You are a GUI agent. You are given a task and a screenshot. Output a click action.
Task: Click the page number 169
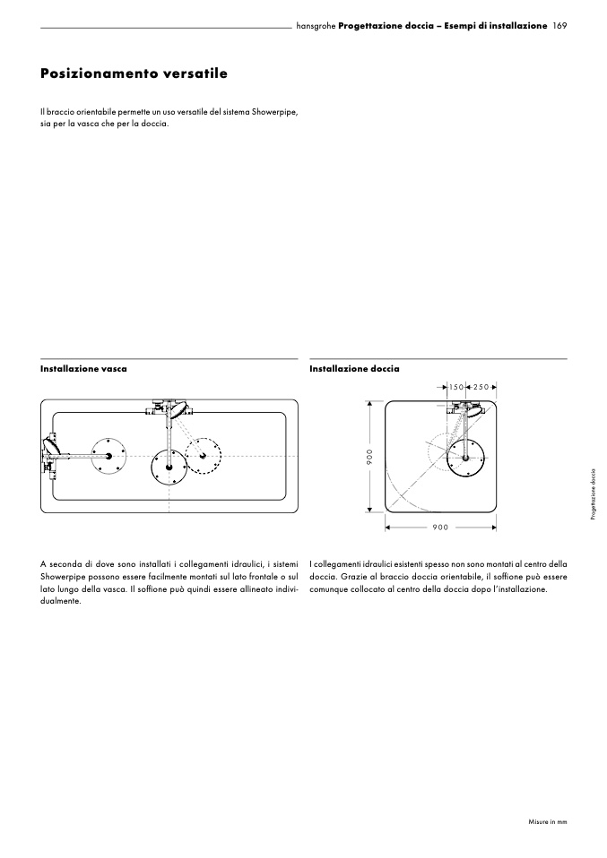[560, 27]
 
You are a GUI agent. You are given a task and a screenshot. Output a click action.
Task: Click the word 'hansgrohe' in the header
[316, 27]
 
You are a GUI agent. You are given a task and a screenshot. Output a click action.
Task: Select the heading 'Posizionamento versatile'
[134, 73]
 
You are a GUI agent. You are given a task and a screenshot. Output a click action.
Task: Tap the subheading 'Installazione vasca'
[83, 368]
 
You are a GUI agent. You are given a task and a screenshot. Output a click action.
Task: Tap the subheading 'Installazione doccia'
[354, 368]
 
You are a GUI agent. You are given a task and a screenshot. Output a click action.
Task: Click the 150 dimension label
[456, 387]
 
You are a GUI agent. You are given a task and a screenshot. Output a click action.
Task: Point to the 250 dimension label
[481, 387]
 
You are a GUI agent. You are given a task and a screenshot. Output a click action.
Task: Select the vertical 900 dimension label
[369, 457]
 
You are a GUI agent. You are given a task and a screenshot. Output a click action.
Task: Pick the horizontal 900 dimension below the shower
[440, 528]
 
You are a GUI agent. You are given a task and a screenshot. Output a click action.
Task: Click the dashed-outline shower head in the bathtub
[204, 457]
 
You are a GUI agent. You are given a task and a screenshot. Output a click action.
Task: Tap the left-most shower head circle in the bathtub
[108, 456]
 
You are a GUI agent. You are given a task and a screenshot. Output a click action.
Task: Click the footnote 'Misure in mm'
[547, 820]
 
